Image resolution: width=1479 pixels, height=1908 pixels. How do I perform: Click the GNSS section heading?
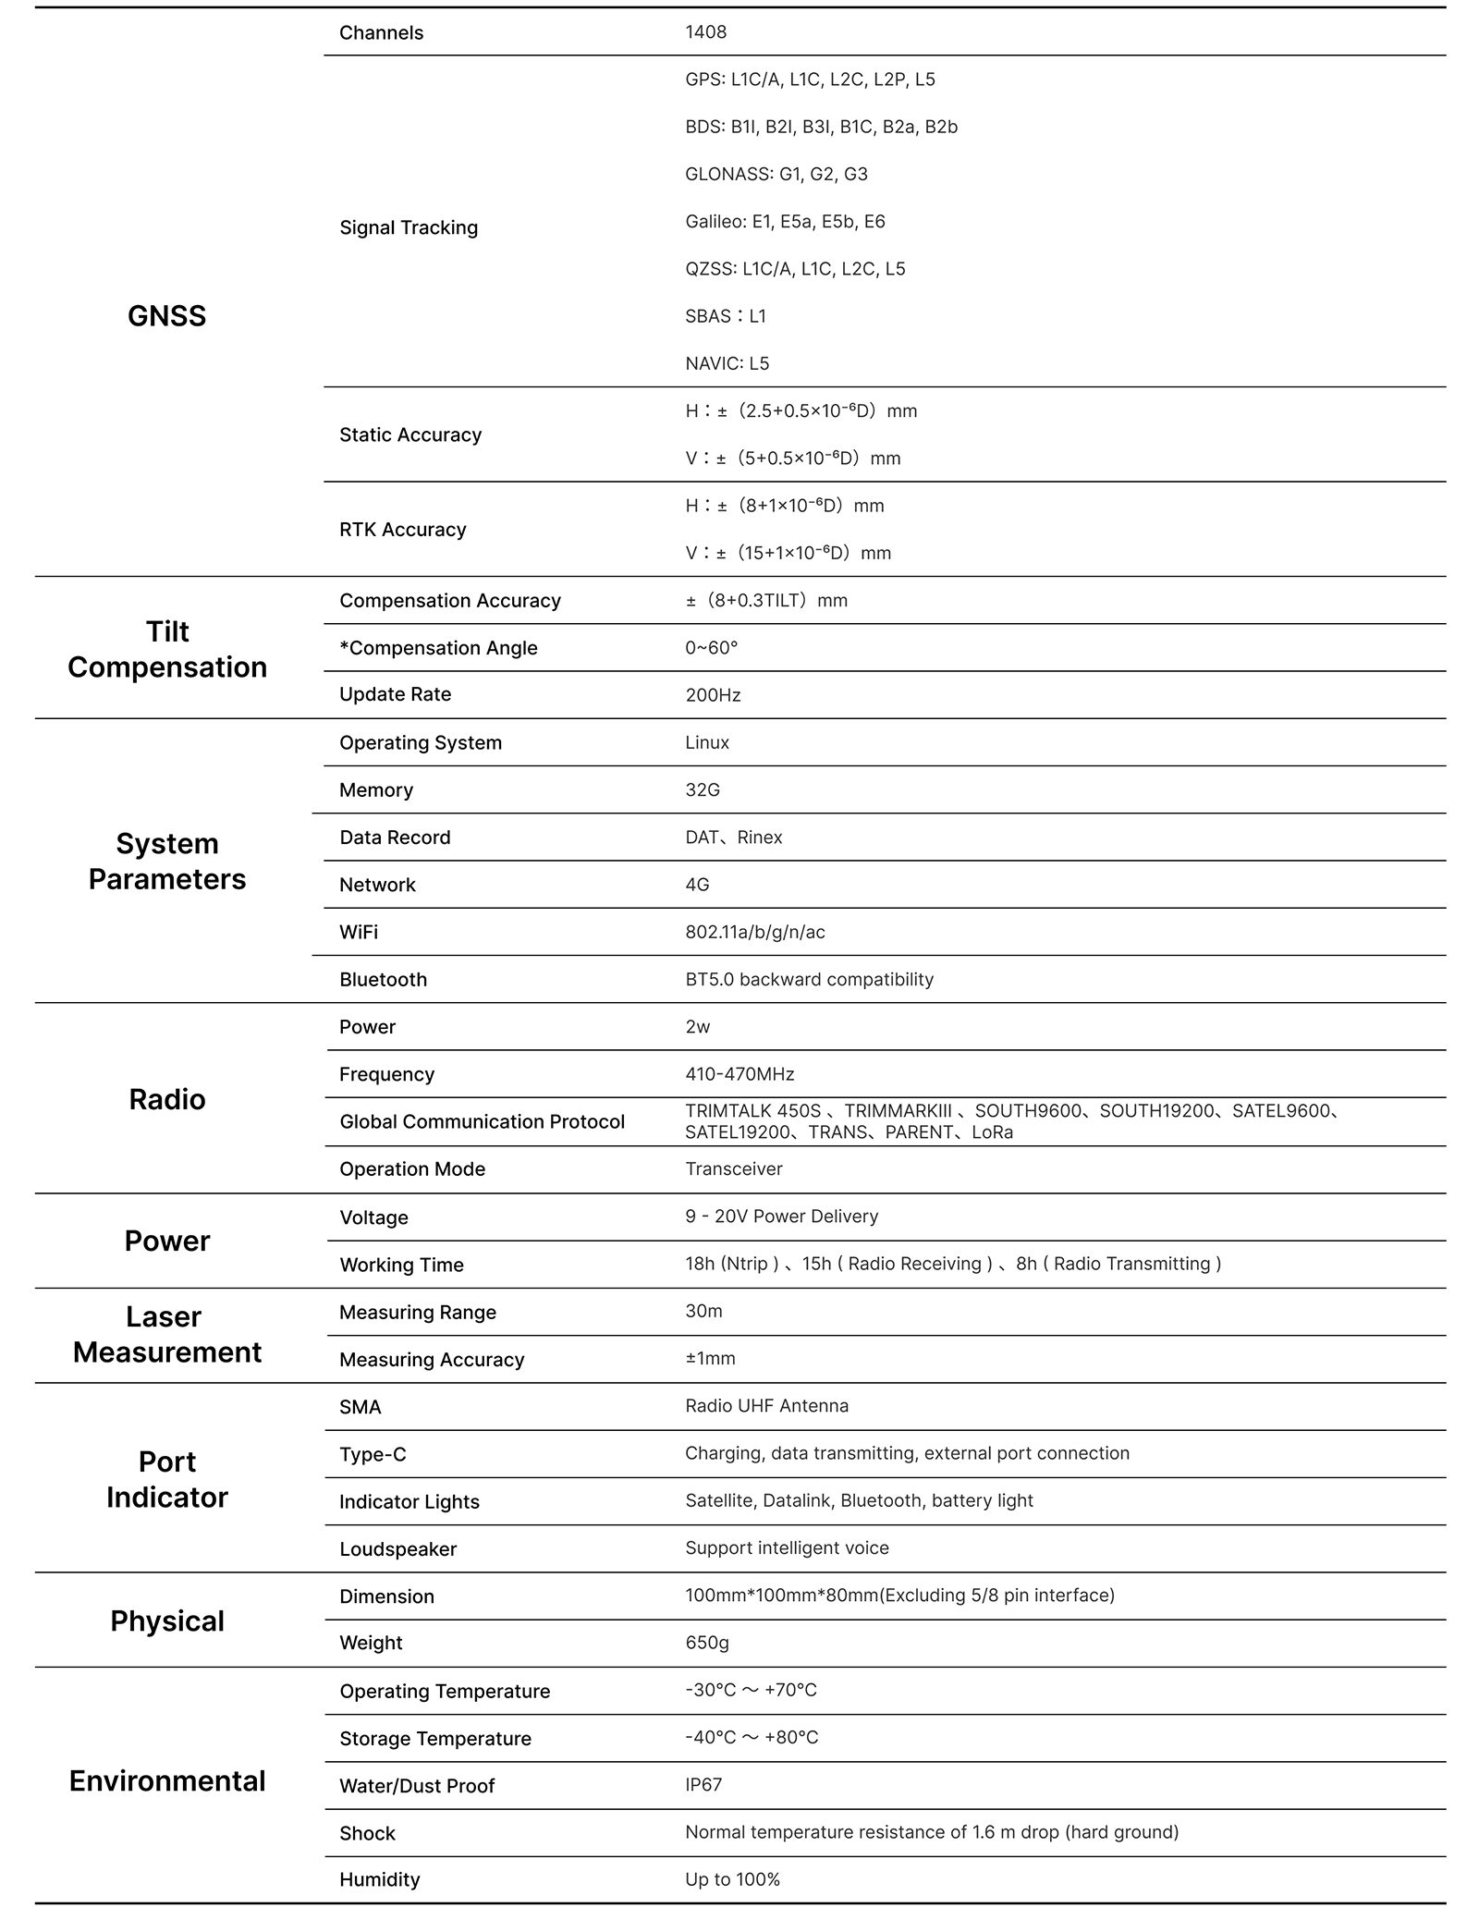click(x=166, y=316)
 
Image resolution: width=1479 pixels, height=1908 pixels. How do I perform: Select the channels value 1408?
click(x=705, y=32)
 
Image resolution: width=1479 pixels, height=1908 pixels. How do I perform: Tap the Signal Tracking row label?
click(x=408, y=227)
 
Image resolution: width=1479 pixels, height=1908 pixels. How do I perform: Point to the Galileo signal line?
click(x=785, y=222)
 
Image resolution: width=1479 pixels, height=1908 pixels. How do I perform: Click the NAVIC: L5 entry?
click(x=727, y=363)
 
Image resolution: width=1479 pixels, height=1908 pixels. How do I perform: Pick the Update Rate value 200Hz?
click(x=713, y=695)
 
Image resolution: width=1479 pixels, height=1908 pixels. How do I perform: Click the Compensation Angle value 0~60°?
click(x=711, y=648)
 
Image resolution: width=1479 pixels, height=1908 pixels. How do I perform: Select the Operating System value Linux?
click(x=707, y=743)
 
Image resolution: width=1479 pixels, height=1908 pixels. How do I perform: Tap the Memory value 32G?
click(x=703, y=790)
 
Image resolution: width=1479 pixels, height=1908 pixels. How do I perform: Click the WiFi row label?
click(x=358, y=932)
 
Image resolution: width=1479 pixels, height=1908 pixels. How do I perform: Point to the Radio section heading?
click(x=166, y=1099)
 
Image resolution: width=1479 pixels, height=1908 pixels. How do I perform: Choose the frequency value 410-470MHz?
click(x=739, y=1074)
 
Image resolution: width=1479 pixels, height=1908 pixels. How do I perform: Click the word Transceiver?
click(x=734, y=1169)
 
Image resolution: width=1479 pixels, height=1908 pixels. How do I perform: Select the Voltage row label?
click(x=373, y=1217)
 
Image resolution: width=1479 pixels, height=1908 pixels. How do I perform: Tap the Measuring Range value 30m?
click(x=703, y=1312)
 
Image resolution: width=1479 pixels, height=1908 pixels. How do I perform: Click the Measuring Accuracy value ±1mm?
click(x=710, y=1359)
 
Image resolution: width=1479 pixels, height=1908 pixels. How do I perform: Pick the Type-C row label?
click(x=373, y=1454)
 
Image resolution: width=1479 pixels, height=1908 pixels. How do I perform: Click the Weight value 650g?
click(x=707, y=1643)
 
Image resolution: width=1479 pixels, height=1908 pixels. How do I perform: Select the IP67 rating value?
click(x=703, y=1785)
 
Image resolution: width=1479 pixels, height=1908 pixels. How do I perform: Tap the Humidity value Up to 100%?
click(x=732, y=1880)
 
